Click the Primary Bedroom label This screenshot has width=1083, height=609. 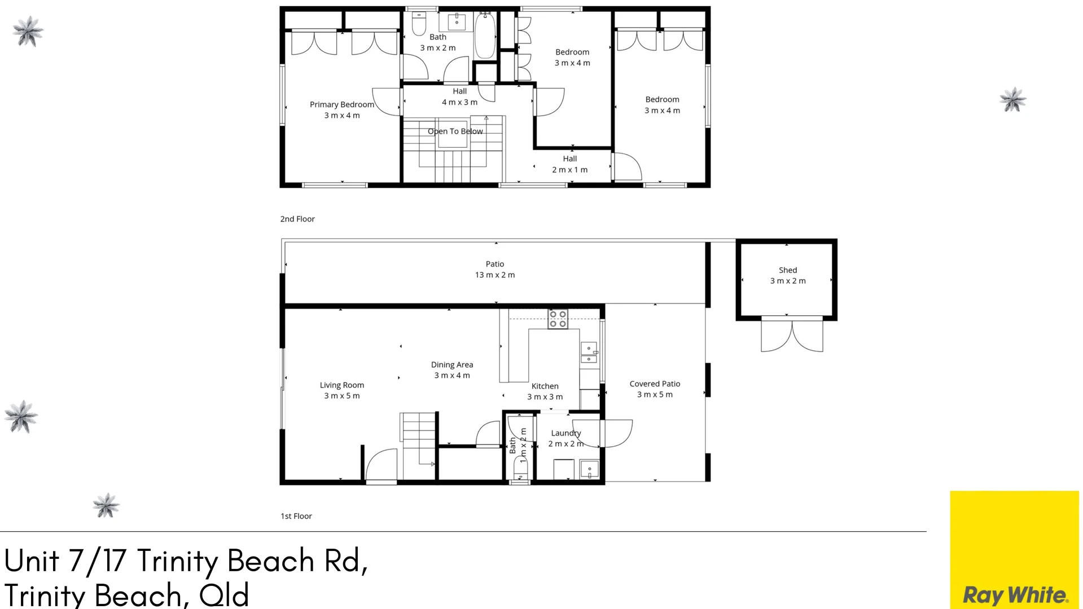point(341,104)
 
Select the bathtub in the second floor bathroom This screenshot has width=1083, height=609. point(485,36)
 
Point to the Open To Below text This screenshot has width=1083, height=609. point(455,131)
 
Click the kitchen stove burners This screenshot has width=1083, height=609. point(558,319)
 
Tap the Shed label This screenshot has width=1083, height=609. point(788,270)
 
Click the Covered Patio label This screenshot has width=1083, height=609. point(655,384)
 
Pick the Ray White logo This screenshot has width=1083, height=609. point(1015,595)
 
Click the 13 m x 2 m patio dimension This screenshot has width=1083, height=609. point(495,275)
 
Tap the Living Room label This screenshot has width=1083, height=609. point(342,385)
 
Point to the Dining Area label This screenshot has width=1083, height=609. point(452,365)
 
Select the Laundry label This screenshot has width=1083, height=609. point(566,433)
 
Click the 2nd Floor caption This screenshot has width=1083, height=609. point(297,219)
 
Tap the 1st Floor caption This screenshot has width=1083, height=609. point(296,516)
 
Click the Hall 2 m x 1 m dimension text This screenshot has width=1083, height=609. point(570,170)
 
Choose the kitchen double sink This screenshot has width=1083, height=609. point(589,352)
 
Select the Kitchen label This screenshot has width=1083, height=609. point(545,386)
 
